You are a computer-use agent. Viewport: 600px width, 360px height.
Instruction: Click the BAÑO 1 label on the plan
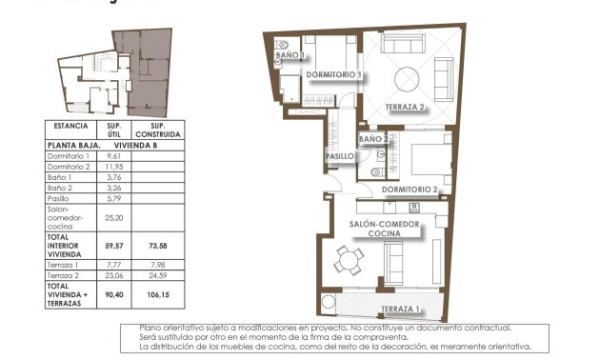[x=290, y=56]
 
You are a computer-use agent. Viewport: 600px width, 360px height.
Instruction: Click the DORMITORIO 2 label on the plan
[x=410, y=190]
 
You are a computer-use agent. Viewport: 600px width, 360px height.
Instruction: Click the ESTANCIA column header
[x=71, y=126]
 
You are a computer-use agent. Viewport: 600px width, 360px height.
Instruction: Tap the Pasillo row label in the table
[x=60, y=198]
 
